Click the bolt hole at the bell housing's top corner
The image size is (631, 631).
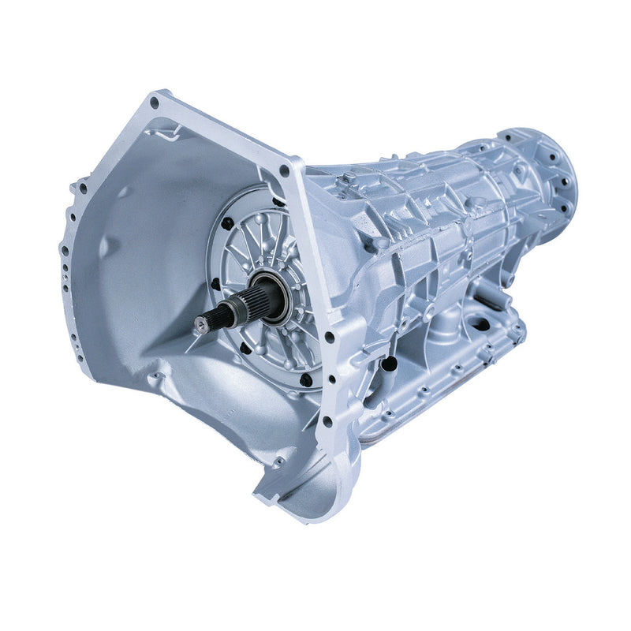[154, 103]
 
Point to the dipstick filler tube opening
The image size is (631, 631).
[389, 365]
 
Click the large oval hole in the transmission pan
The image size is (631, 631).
[479, 322]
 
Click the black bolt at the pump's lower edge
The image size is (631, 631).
[305, 379]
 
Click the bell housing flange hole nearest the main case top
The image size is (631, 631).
[284, 170]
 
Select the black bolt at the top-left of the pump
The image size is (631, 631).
[228, 224]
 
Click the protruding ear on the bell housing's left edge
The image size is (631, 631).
[78, 189]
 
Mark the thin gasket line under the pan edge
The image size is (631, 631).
[442, 394]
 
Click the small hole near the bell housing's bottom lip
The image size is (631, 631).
[278, 460]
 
